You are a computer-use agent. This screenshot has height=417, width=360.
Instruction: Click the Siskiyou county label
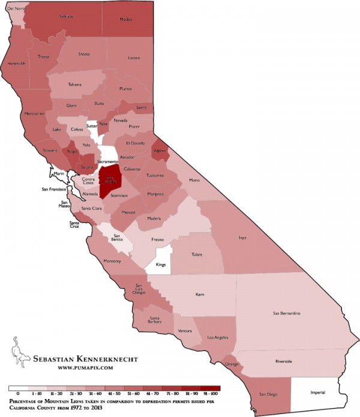click(x=67, y=17)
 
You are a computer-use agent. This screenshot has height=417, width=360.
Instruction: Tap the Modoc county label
click(x=125, y=19)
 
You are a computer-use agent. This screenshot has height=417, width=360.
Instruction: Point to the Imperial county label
click(x=317, y=393)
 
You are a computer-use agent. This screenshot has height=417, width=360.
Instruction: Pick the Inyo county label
click(x=242, y=238)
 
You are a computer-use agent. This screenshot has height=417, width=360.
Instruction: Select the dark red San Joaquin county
click(x=109, y=180)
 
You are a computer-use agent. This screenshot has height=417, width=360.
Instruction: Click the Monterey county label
click(x=112, y=261)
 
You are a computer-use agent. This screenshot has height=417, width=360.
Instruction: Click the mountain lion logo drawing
click(x=20, y=354)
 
